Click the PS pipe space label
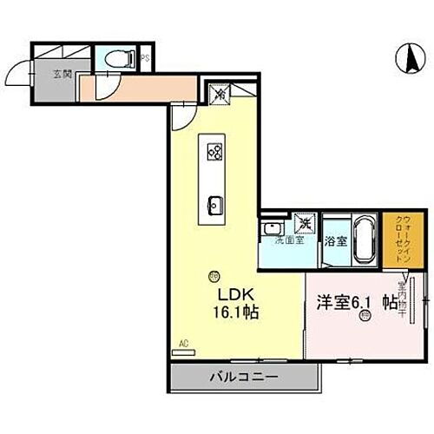[x=145, y=59]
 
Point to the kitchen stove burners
[x=214, y=152]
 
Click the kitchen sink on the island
[x=214, y=205]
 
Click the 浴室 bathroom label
[x=335, y=242]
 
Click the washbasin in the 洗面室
[x=271, y=228]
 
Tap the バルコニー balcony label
[x=242, y=378]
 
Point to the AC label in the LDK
[x=183, y=344]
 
